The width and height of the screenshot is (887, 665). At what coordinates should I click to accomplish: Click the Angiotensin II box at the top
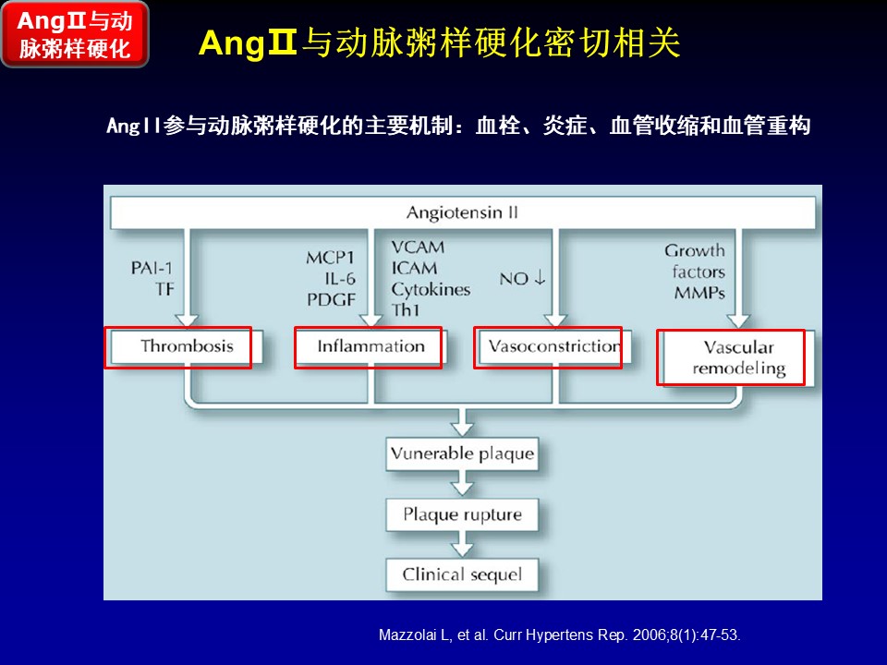tap(462, 213)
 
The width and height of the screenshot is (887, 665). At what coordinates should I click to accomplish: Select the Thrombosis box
tap(187, 347)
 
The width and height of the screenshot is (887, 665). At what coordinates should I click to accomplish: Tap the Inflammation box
tap(371, 347)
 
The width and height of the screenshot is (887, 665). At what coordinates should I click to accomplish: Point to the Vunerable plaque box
tap(462, 454)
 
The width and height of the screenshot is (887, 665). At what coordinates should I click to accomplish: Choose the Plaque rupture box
tap(462, 514)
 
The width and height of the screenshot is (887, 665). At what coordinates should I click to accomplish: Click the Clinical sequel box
tap(462, 574)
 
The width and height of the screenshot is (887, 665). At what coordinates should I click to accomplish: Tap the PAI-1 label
tap(152, 268)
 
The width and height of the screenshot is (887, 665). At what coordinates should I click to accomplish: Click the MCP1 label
tap(331, 258)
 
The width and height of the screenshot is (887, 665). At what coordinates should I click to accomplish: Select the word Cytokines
tap(431, 289)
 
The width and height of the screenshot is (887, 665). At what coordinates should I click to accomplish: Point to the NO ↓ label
tap(528, 278)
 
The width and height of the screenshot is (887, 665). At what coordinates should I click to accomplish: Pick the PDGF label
tap(331, 298)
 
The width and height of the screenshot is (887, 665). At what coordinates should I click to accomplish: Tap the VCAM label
tap(418, 248)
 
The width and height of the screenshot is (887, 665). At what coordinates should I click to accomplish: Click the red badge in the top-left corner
tap(75, 34)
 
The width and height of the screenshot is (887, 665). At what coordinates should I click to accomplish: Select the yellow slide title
tap(440, 43)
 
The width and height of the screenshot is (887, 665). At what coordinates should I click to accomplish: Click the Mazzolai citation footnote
tap(560, 635)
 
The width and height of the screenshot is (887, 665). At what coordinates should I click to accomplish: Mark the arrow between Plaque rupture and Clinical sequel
tap(462, 544)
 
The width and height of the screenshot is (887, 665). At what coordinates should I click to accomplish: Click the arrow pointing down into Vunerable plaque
tap(462, 425)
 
